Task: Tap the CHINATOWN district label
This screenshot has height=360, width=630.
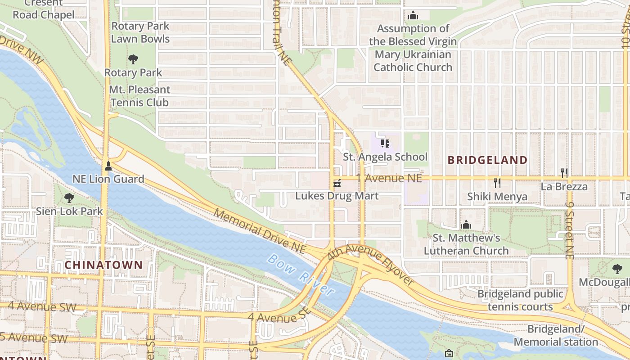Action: click(x=103, y=265)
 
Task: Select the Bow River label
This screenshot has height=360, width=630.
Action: click(x=301, y=274)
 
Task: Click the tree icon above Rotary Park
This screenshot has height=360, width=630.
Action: click(x=133, y=59)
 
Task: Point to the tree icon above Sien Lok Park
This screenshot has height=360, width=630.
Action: click(x=69, y=198)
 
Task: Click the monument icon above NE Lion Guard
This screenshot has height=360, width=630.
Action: click(x=108, y=166)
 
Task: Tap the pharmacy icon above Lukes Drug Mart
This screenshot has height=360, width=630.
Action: click(x=337, y=183)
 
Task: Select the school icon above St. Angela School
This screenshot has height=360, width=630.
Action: click(x=385, y=144)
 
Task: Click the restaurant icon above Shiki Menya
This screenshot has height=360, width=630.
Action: click(x=497, y=183)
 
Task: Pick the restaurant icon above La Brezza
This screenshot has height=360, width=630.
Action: click(x=564, y=173)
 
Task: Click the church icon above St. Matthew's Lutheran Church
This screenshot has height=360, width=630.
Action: click(x=466, y=224)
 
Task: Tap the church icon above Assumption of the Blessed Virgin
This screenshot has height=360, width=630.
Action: click(x=413, y=16)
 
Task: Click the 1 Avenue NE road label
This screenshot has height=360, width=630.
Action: click(x=389, y=178)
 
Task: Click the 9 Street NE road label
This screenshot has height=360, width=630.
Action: click(x=570, y=229)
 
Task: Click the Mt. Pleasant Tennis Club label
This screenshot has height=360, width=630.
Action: click(x=139, y=96)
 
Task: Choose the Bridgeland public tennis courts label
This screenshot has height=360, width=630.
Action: click(x=520, y=300)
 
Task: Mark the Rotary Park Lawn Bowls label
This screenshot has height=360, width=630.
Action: click(x=140, y=32)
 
